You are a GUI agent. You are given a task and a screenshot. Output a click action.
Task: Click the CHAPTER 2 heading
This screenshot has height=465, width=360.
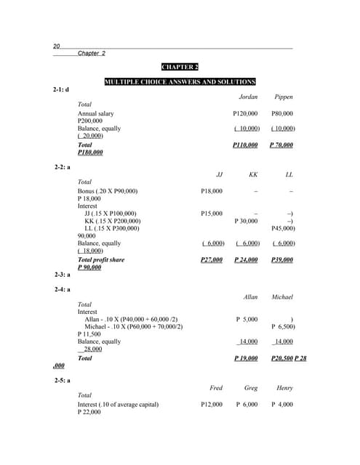pyautogui.click(x=180, y=67)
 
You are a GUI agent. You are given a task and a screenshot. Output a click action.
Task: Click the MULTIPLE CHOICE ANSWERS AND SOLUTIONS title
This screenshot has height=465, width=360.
pyautogui.click(x=180, y=81)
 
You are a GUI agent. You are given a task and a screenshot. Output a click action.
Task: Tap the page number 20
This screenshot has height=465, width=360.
pyautogui.click(x=57, y=46)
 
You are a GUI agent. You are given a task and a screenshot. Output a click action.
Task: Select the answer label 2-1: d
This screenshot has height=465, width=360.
pyautogui.click(x=60, y=89)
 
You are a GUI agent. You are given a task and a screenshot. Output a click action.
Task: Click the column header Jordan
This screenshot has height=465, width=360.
pyautogui.click(x=248, y=97)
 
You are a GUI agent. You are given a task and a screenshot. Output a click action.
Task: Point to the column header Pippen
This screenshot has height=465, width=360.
pyautogui.click(x=284, y=97)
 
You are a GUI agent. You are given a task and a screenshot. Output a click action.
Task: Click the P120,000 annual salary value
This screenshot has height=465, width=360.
pyautogui.click(x=245, y=113)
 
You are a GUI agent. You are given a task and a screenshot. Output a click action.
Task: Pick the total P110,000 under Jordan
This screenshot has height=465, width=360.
pyautogui.click(x=245, y=145)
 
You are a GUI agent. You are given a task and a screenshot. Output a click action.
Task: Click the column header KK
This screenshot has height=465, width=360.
pyautogui.click(x=253, y=175)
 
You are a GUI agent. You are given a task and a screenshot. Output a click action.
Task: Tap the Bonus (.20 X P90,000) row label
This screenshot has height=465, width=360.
pyautogui.click(x=107, y=190)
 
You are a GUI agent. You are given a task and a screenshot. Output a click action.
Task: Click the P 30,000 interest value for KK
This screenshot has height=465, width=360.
pyautogui.click(x=247, y=221)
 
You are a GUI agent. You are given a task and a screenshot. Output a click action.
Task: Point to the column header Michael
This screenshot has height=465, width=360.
pyautogui.click(x=282, y=297)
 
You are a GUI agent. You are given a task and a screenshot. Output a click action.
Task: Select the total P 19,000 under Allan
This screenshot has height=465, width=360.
pyautogui.click(x=247, y=358)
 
